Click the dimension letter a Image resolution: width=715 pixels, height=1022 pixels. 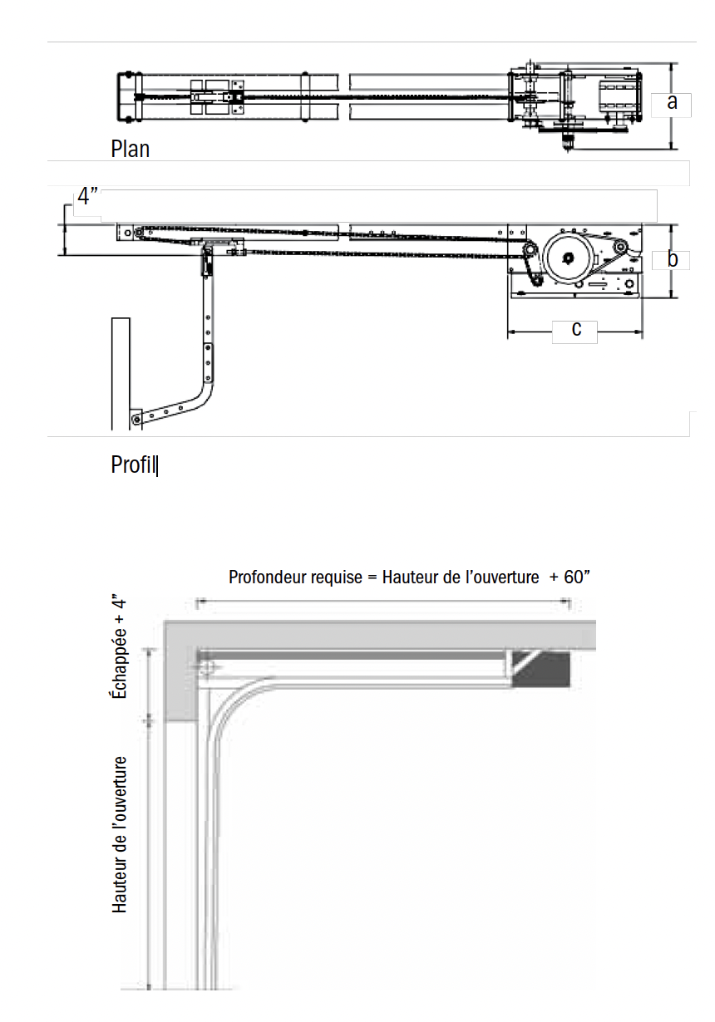(x=673, y=102)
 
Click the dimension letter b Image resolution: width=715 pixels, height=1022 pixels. (x=673, y=259)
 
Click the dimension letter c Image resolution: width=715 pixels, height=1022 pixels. (x=576, y=329)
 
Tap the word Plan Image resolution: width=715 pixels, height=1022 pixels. (x=130, y=149)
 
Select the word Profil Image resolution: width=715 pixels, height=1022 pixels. (x=133, y=464)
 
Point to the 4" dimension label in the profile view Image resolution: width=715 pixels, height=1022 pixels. (x=88, y=197)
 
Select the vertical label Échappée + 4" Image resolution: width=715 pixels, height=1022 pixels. (x=121, y=646)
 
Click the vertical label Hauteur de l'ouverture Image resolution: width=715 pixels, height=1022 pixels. (x=121, y=834)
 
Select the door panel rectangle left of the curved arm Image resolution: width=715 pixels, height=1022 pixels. (x=121, y=374)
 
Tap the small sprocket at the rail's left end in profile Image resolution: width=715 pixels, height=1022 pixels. (x=139, y=232)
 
